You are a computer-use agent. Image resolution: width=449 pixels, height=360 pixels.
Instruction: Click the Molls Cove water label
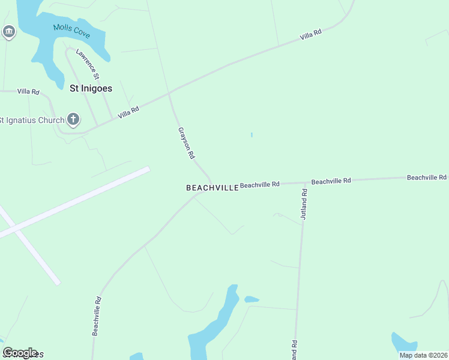coord(71,31)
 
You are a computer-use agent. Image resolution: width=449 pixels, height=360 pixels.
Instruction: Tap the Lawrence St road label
coord(87,65)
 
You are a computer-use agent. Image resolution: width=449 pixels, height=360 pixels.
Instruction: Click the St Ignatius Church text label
coord(31,120)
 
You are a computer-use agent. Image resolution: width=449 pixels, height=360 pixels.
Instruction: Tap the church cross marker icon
coord(73,119)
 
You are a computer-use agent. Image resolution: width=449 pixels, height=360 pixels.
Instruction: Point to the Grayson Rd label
coord(187,143)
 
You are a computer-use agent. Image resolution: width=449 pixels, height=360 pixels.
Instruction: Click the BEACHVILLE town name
coord(212,188)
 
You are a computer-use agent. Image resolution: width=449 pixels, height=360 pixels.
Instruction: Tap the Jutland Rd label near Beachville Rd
coord(304,204)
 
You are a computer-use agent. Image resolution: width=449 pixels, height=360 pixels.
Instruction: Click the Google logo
coord(20,352)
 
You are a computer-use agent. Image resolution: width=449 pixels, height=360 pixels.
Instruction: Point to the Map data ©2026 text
coord(423,355)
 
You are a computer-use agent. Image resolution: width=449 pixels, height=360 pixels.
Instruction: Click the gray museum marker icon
coord(8,32)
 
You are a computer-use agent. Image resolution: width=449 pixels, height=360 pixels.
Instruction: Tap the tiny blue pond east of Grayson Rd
coord(252,135)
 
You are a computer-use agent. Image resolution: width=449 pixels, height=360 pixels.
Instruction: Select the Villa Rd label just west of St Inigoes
coord(28,92)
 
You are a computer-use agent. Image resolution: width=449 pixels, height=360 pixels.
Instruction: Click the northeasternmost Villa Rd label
coord(311,36)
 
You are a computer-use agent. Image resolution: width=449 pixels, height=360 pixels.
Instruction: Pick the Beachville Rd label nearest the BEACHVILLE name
coord(260,185)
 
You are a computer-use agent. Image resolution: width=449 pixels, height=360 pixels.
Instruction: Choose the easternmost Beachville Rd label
coord(427,178)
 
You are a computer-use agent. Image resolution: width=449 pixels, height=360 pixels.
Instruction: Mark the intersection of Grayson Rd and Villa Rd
coord(170,94)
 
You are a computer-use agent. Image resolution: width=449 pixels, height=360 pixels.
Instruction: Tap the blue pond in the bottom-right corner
coord(402,344)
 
